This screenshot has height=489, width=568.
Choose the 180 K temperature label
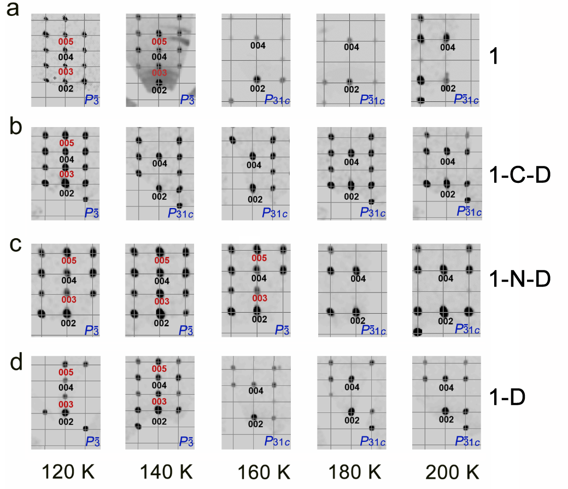tap(350, 471)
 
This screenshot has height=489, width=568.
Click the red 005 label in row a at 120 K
tap(66, 41)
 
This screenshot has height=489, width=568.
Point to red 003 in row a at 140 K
tap(159, 73)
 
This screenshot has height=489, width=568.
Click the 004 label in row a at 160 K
tap(257, 45)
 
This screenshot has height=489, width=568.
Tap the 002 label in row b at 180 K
tap(352, 194)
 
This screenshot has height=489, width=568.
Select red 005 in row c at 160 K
tap(259, 258)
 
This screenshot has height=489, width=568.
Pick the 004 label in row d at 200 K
tap(447, 388)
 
